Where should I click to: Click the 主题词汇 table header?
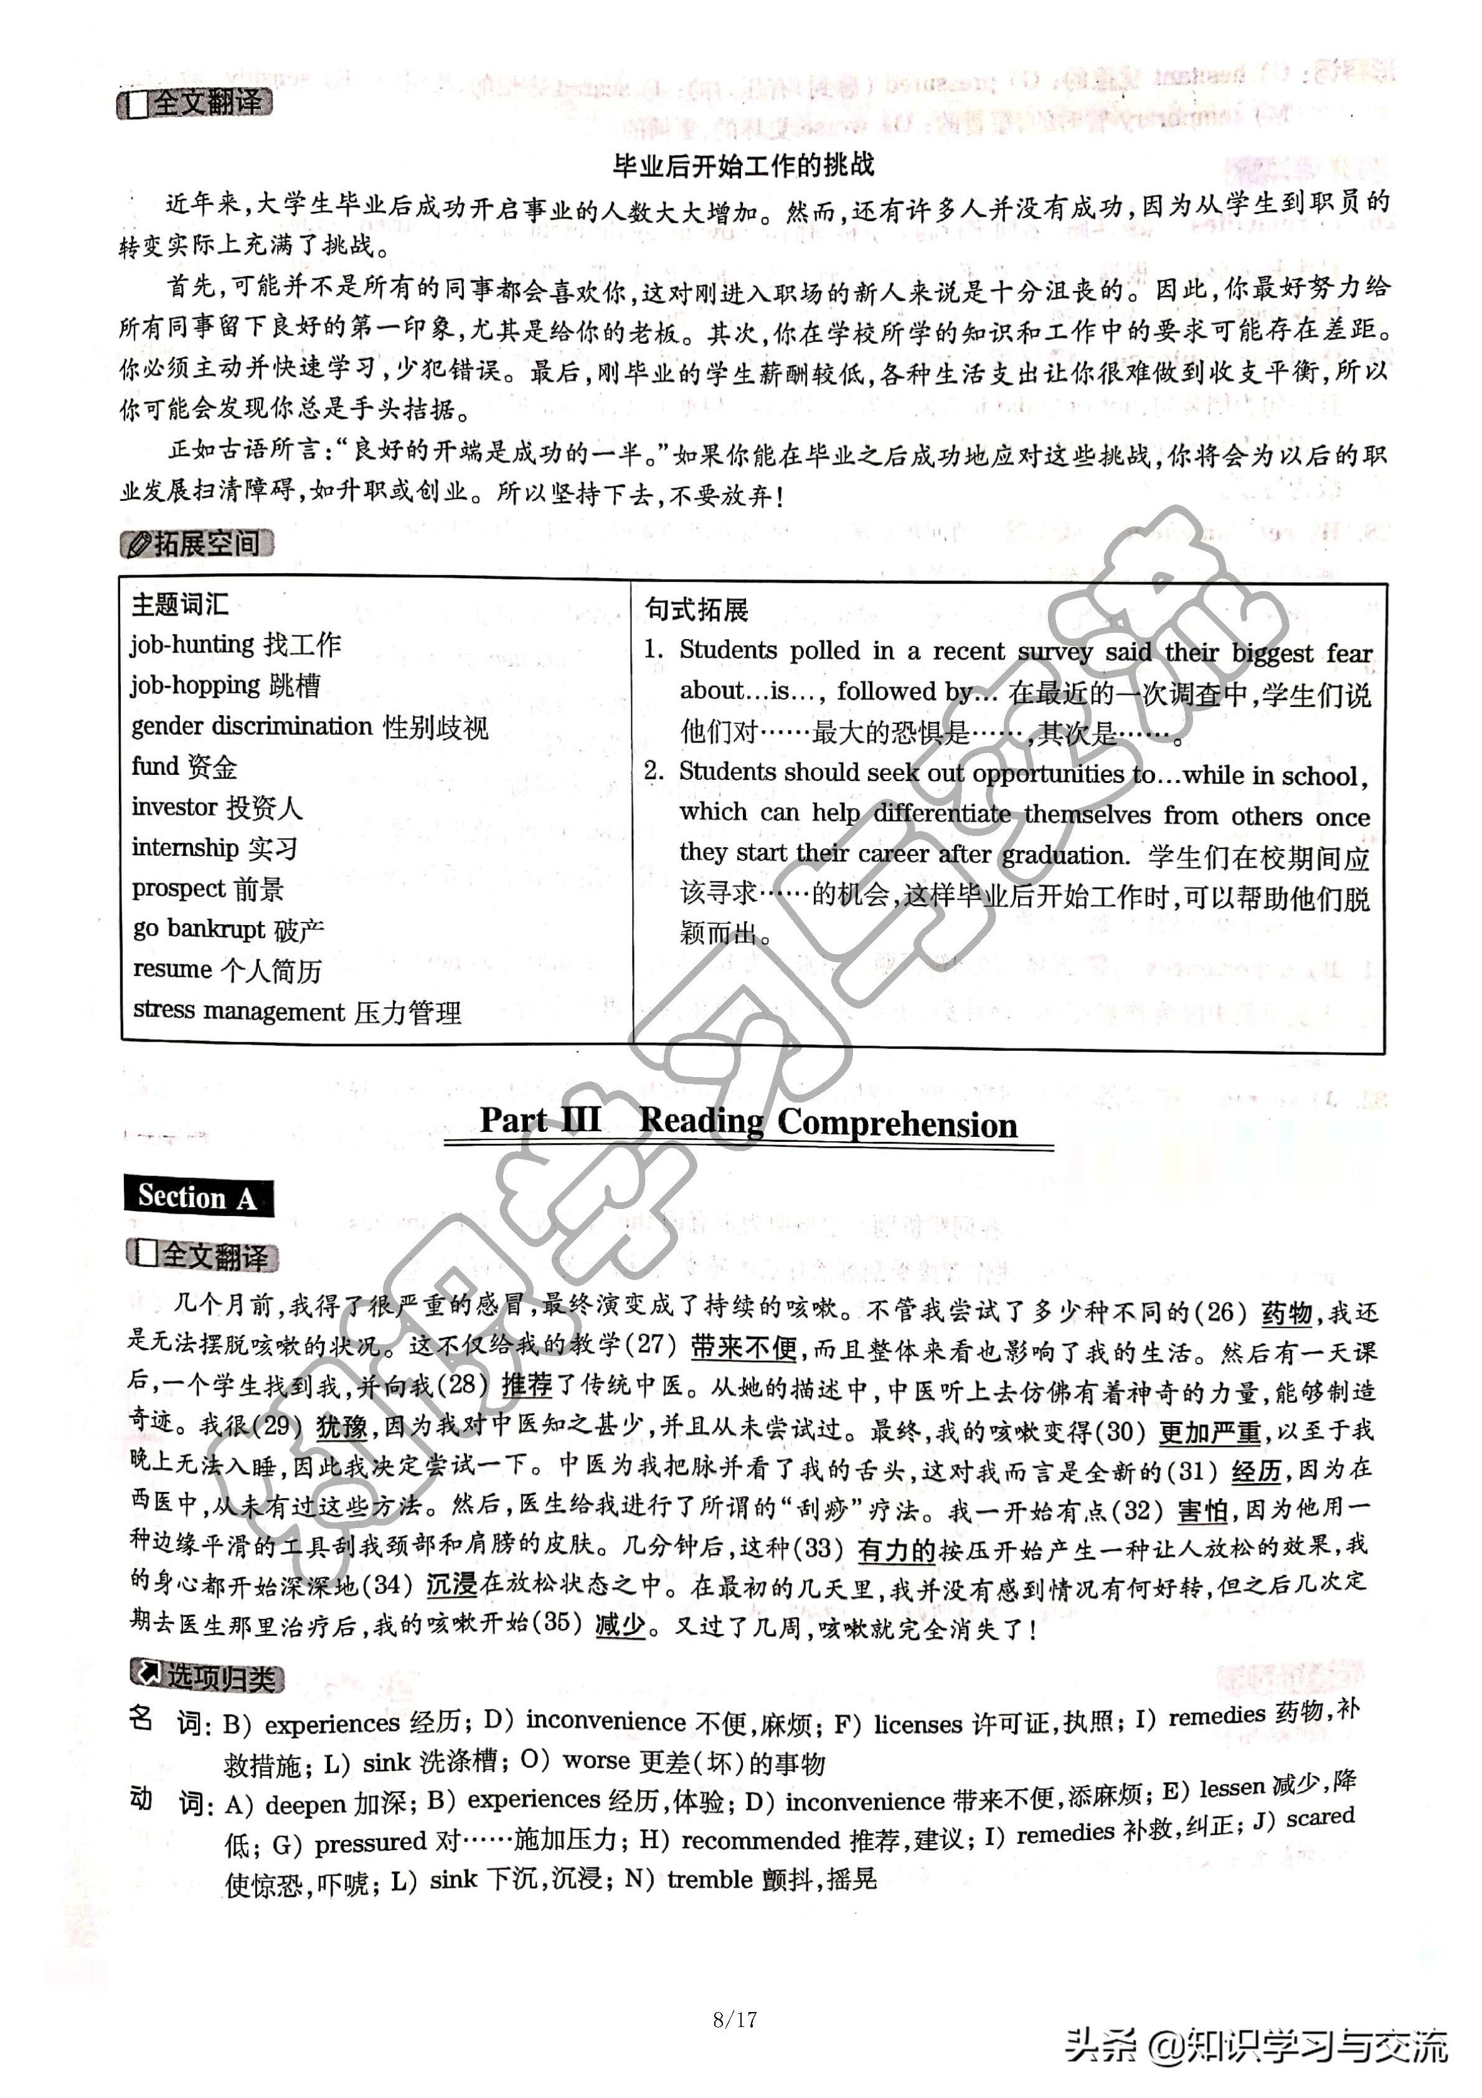[x=180, y=604]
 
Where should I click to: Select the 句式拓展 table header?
[x=696, y=609]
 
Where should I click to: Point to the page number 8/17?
[x=735, y=2018]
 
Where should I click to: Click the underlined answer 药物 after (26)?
[x=1286, y=1314]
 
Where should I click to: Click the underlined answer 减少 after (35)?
[x=620, y=1624]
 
